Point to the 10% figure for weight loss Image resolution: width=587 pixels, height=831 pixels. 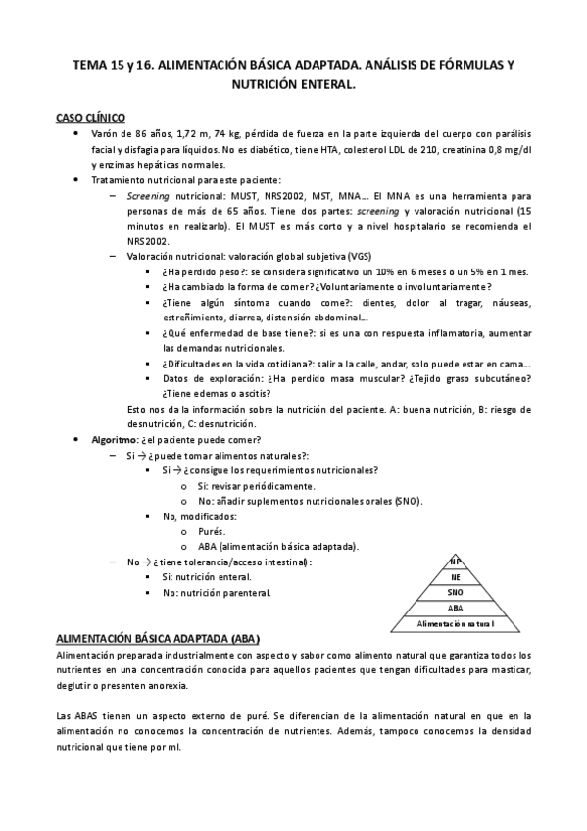pos(408,271)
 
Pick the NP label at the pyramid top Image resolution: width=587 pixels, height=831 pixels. pos(455,561)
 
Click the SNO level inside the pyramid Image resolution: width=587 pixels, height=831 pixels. pos(455,593)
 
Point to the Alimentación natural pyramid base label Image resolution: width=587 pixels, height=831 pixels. pos(455,623)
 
